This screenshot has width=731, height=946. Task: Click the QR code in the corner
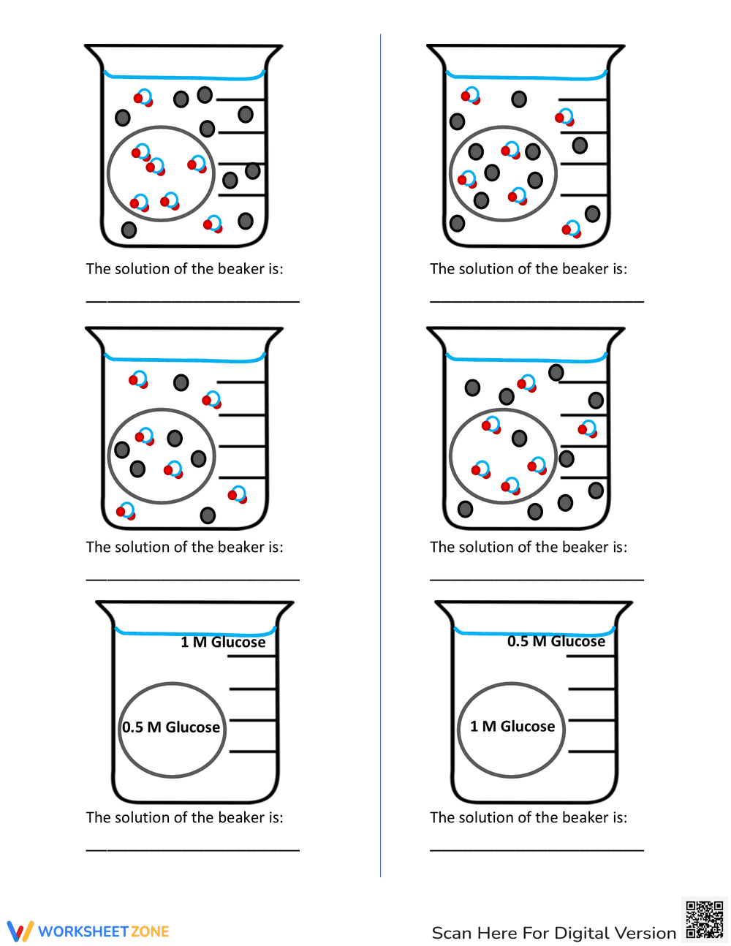704,919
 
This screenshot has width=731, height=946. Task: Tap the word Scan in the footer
452,934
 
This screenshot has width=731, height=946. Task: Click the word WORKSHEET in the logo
83,931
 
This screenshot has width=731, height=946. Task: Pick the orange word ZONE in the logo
150,931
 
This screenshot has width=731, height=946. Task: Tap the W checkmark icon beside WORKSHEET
20,931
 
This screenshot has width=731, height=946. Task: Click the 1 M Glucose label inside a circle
512,726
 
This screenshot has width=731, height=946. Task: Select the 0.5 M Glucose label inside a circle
171,727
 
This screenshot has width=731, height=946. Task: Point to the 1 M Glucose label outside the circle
223,642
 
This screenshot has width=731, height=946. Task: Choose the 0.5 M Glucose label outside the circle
556,641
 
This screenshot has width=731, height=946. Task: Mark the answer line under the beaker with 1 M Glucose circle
537,849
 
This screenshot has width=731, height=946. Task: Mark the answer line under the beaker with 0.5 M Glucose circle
193,849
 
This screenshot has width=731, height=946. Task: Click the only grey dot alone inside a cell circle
519,438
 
